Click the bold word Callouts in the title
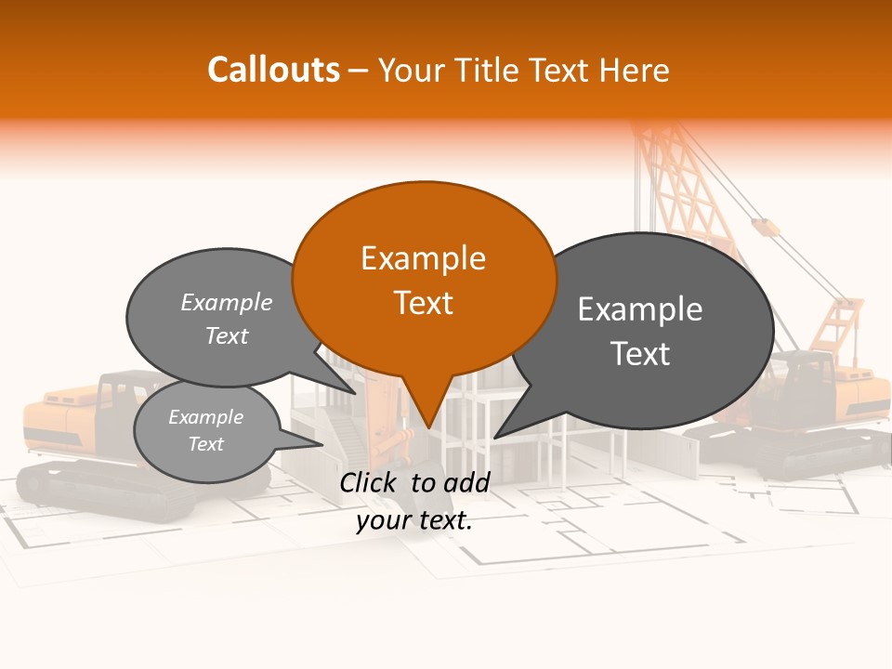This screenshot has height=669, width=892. click(274, 70)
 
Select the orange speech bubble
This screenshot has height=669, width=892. click(424, 279)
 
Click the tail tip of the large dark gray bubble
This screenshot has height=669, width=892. click(495, 437)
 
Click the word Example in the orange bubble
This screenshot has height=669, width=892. click(423, 258)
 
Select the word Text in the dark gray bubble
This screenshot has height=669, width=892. click(640, 354)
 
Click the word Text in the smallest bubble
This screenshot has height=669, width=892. click(206, 444)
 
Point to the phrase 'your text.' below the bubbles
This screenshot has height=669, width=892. click(414, 520)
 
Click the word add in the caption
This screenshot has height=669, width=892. click(466, 481)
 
